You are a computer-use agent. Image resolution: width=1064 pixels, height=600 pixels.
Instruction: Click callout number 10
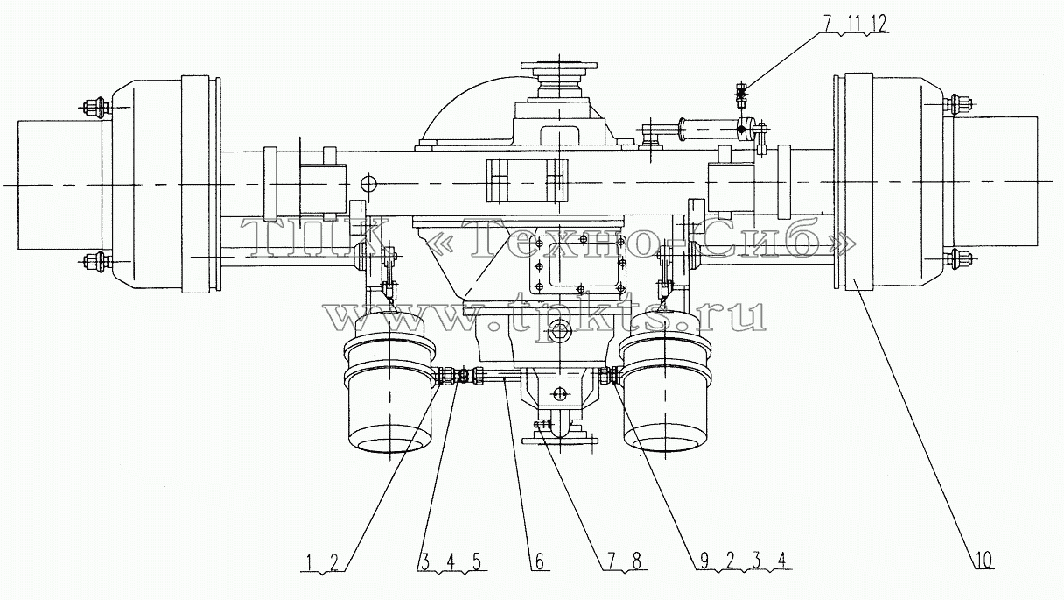[983, 561]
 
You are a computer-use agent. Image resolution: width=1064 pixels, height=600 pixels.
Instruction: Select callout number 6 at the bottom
[539, 561]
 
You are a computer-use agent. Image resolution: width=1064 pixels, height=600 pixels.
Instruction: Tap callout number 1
[309, 562]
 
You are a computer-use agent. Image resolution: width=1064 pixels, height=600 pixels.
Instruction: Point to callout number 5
[476, 562]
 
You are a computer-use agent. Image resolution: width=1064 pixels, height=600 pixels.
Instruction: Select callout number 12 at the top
[879, 24]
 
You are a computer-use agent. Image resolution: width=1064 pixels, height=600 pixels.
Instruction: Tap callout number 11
[854, 24]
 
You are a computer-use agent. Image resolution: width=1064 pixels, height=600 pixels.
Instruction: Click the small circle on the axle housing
[368, 182]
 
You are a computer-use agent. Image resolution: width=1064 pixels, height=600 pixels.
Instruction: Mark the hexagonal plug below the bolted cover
[557, 333]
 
